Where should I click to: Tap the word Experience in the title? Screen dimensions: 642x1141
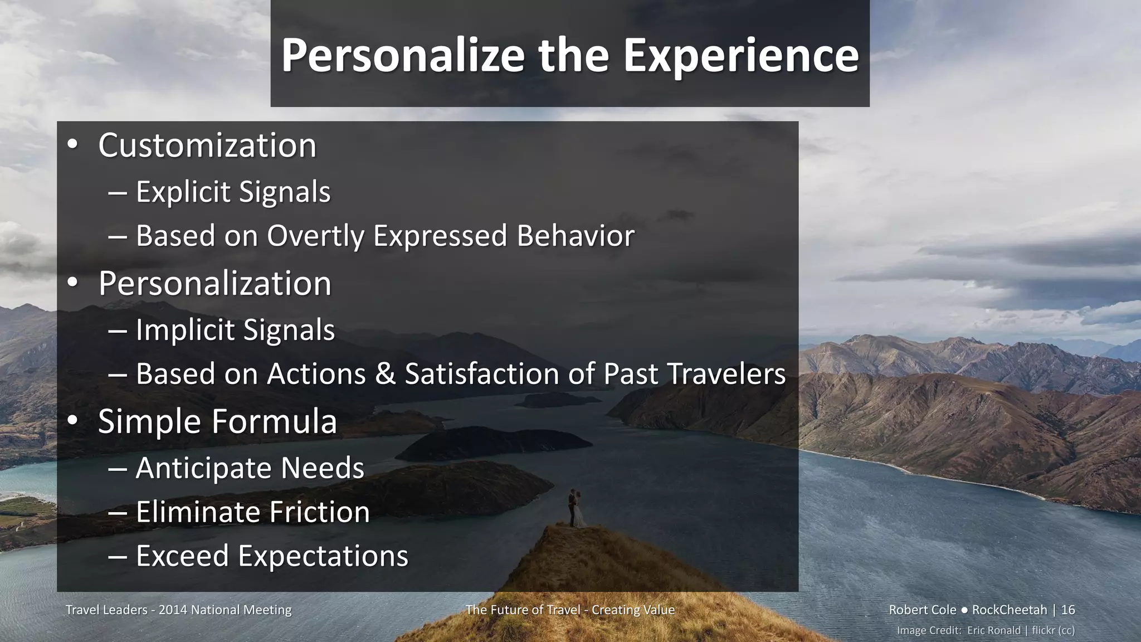pos(741,56)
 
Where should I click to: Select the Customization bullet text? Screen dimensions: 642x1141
pos(207,145)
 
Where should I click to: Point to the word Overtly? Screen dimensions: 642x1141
pos(315,236)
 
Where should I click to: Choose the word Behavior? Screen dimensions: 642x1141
pos(576,236)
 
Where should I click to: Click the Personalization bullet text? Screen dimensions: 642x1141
pos(214,284)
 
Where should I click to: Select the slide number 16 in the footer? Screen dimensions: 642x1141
pos(1067,610)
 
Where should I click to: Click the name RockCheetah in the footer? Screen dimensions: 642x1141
pos(1009,610)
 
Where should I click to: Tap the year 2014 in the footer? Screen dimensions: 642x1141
pos(173,610)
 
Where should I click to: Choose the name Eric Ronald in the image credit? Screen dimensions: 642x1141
pos(994,630)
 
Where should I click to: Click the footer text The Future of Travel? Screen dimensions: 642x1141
pos(525,610)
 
